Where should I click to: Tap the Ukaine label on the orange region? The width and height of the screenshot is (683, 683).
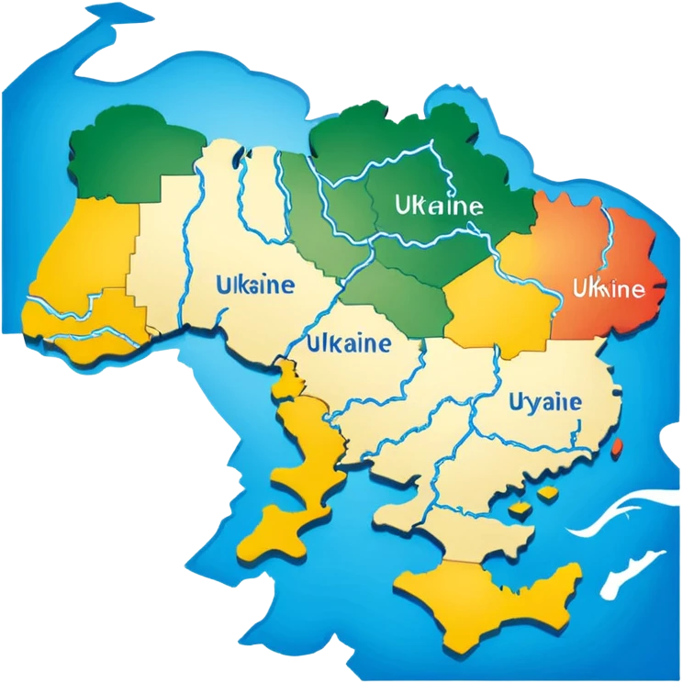(607, 290)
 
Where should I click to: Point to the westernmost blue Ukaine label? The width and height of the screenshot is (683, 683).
(255, 285)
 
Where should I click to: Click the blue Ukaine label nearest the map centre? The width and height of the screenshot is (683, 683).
(349, 345)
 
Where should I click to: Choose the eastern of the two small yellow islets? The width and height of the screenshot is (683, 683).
(548, 494)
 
